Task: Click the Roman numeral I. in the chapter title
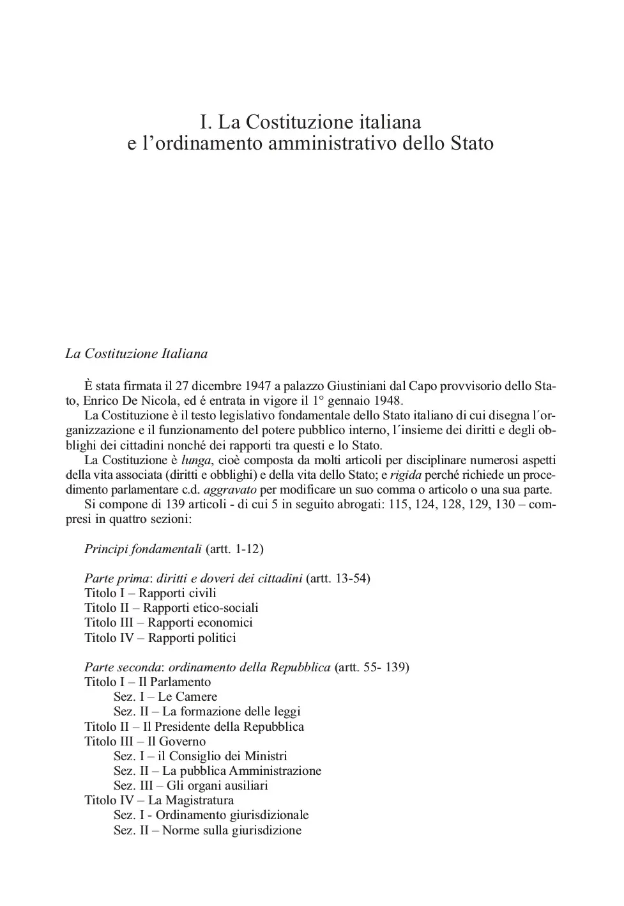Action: click(x=205, y=121)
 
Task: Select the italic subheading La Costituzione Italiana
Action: click(x=136, y=354)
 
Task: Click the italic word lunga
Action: click(x=196, y=460)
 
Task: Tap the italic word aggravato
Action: click(x=230, y=490)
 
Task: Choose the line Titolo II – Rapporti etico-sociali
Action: click(x=171, y=608)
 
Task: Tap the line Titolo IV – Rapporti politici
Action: click(x=160, y=637)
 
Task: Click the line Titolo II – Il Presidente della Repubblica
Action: click(x=194, y=726)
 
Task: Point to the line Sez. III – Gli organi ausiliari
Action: click(x=191, y=785)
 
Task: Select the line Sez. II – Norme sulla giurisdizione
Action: click(x=208, y=830)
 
